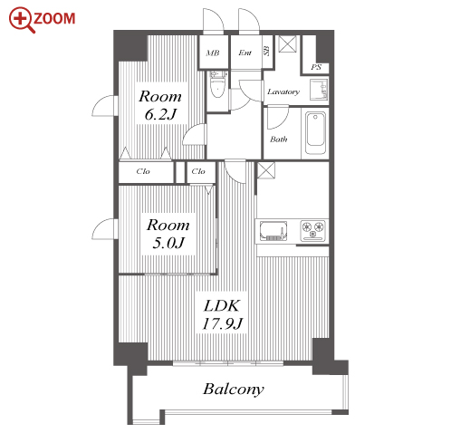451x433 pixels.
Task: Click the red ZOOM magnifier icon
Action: click(x=20, y=19)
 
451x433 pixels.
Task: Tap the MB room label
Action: click(x=213, y=53)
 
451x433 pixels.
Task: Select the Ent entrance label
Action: click(x=245, y=53)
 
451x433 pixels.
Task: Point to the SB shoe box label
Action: click(x=266, y=51)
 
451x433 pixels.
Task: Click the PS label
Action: click(x=316, y=67)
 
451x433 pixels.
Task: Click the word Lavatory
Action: click(x=283, y=91)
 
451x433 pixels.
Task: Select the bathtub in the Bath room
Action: click(x=315, y=133)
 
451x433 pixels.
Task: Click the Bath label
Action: click(x=279, y=140)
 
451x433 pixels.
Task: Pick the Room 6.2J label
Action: click(x=160, y=105)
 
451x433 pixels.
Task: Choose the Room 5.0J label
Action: click(x=168, y=234)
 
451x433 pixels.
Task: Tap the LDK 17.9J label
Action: click(x=222, y=314)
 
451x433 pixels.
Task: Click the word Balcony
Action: click(x=234, y=389)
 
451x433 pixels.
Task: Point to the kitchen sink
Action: click(x=273, y=231)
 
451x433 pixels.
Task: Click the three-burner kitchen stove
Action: click(x=313, y=231)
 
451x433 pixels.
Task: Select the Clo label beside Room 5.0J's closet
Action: click(x=198, y=171)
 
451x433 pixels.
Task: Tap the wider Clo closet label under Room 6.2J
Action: click(x=143, y=171)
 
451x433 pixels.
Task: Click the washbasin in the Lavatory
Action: click(x=319, y=90)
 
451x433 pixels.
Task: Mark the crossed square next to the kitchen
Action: click(x=266, y=170)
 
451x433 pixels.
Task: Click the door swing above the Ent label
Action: click(x=249, y=20)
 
